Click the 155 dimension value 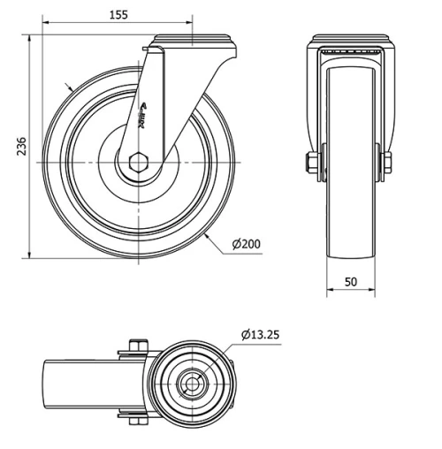click(x=116, y=15)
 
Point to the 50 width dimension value click(x=350, y=282)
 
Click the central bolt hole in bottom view click(x=191, y=384)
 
